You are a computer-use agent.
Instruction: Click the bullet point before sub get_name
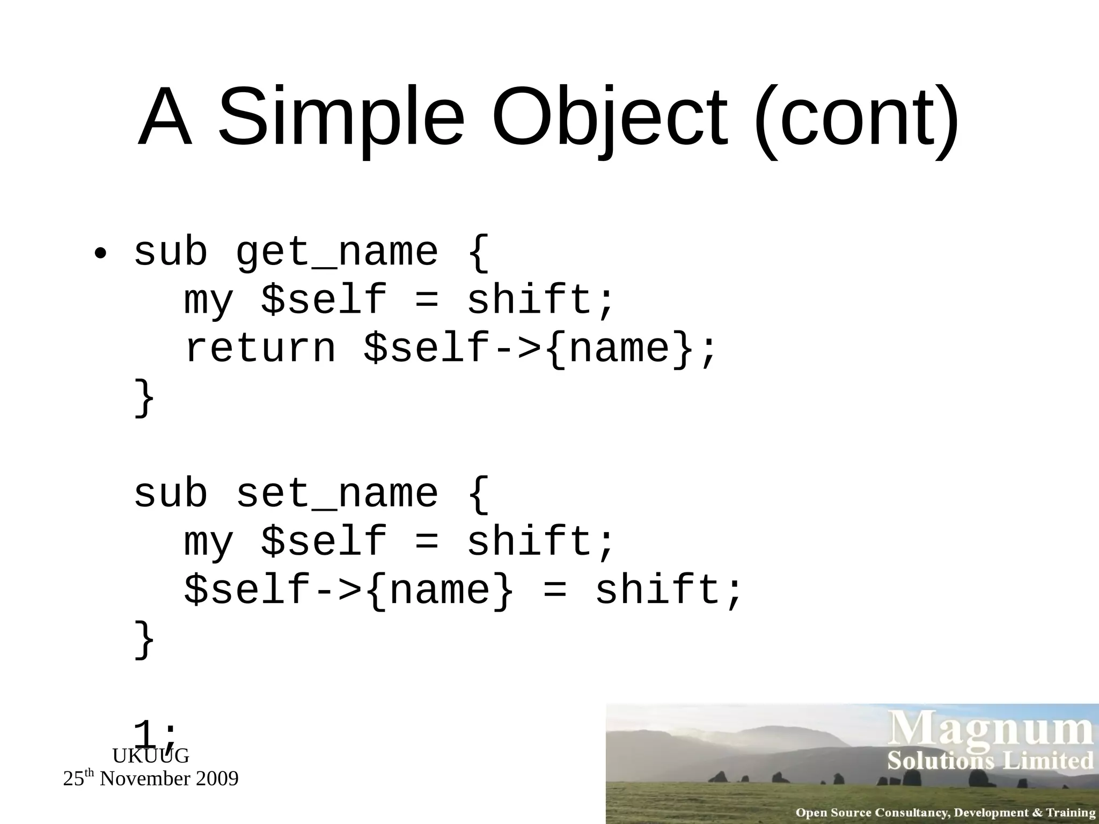point(99,253)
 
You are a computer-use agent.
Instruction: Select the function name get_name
point(337,252)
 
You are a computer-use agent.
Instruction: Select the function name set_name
point(337,494)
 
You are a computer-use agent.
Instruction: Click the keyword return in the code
point(260,349)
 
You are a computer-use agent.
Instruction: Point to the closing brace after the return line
point(144,397)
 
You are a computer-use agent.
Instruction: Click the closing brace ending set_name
point(144,638)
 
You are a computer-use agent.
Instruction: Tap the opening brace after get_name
point(478,252)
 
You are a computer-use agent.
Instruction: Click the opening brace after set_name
point(478,494)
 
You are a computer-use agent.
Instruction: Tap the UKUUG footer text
point(150,756)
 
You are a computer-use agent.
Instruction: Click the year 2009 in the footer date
point(217,779)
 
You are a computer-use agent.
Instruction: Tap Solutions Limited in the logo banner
point(990,761)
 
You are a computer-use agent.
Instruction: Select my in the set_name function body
point(209,542)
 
